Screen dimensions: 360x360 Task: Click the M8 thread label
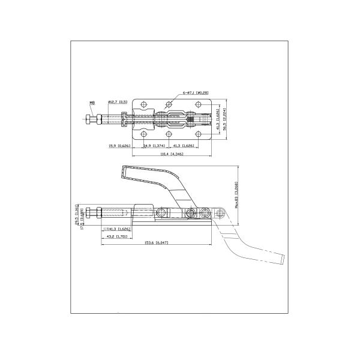tap(92, 103)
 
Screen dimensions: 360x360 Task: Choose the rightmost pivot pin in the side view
tap(205, 212)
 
